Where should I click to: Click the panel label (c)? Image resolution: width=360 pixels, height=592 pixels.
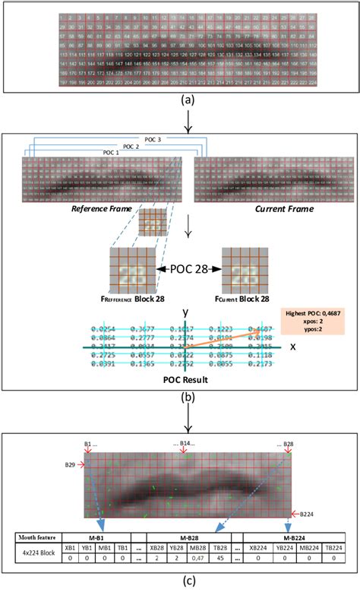point(180,583)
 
